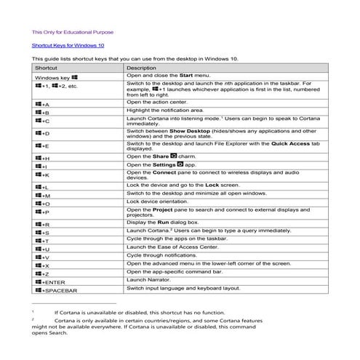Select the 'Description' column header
(x=141, y=67)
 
